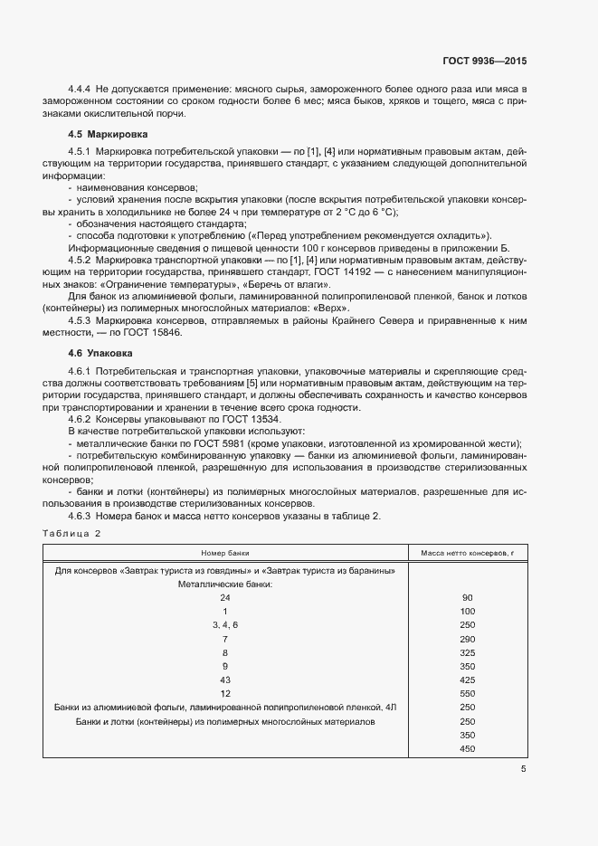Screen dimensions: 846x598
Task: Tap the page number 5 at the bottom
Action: tap(523, 769)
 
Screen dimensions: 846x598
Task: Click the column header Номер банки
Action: tap(225, 552)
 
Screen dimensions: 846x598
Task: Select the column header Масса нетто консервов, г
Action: tap(468, 552)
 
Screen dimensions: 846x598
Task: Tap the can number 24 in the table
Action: tap(225, 598)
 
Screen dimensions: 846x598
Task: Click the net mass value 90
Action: tap(468, 598)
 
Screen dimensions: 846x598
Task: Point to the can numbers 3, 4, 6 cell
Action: tap(225, 625)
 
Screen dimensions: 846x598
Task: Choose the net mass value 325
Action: tap(468, 652)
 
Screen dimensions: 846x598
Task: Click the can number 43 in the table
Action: tap(225, 680)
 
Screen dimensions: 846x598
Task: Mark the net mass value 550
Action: tap(468, 693)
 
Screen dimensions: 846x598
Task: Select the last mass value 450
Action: tap(468, 748)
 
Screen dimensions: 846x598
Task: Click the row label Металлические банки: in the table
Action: tap(225, 585)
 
